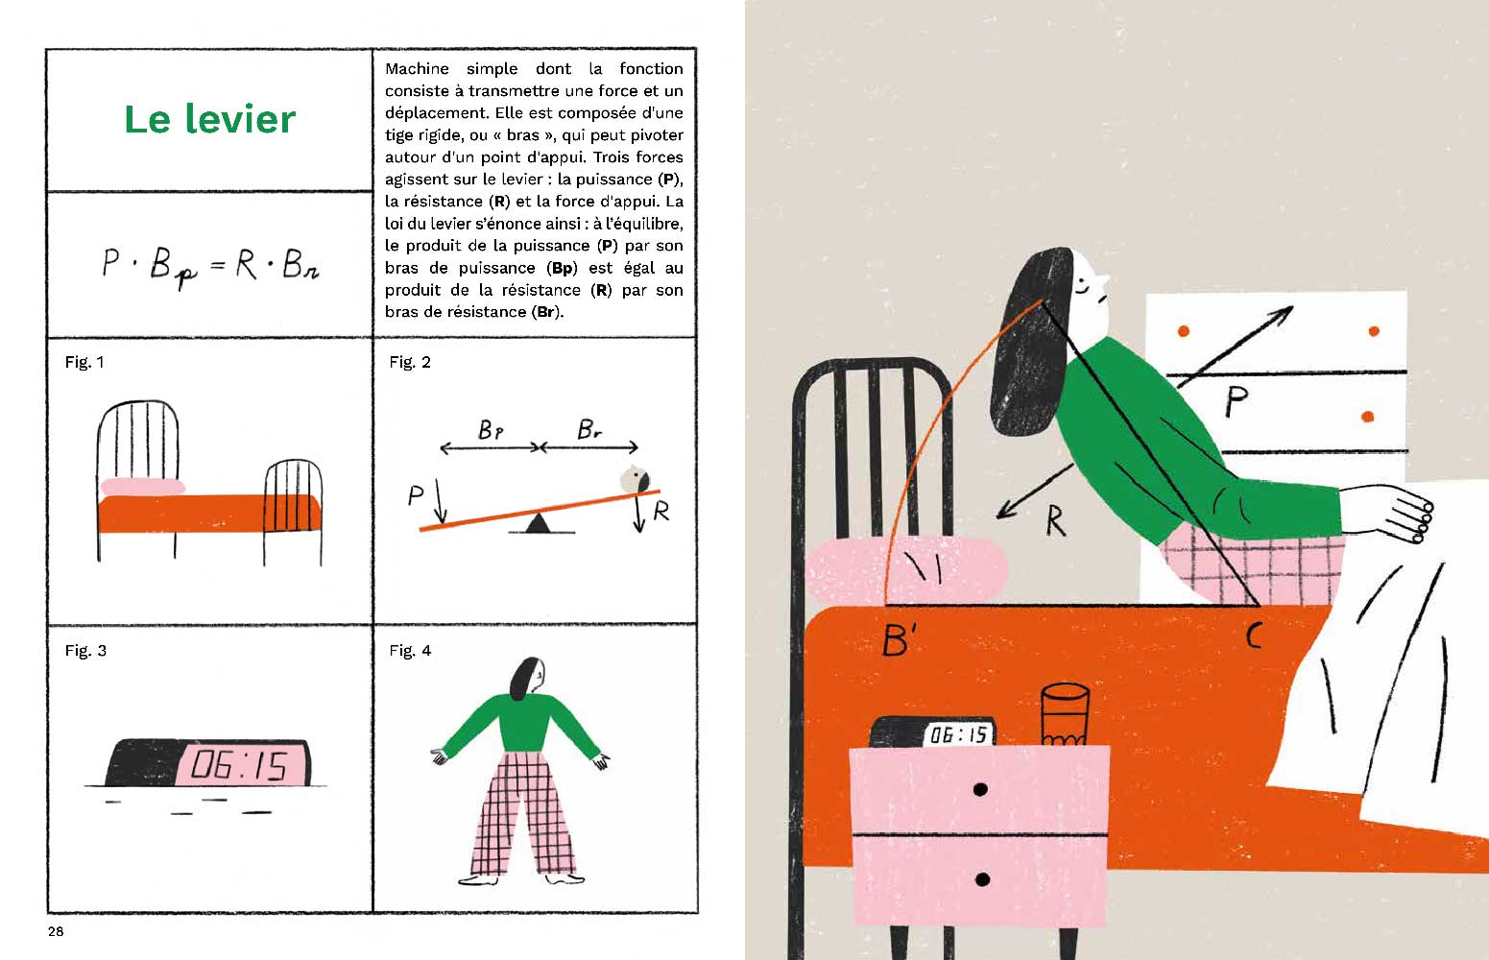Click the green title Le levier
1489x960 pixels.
210,120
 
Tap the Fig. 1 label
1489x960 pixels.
84,362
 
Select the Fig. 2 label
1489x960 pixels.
410,362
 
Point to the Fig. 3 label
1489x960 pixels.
85,651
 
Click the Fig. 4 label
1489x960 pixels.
410,651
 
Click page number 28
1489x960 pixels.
56,931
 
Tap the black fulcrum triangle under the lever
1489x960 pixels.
538,522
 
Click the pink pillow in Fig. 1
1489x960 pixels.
142,487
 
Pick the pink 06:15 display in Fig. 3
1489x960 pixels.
242,765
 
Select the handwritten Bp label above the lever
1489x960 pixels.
491,430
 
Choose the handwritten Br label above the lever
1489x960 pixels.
588,429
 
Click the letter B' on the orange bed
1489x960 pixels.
899,640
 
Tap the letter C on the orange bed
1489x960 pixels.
1254,636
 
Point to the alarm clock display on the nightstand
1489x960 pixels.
958,734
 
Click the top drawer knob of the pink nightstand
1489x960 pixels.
980,790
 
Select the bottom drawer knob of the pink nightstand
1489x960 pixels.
982,879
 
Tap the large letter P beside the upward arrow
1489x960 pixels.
1237,401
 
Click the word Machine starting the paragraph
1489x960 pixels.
417,68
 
